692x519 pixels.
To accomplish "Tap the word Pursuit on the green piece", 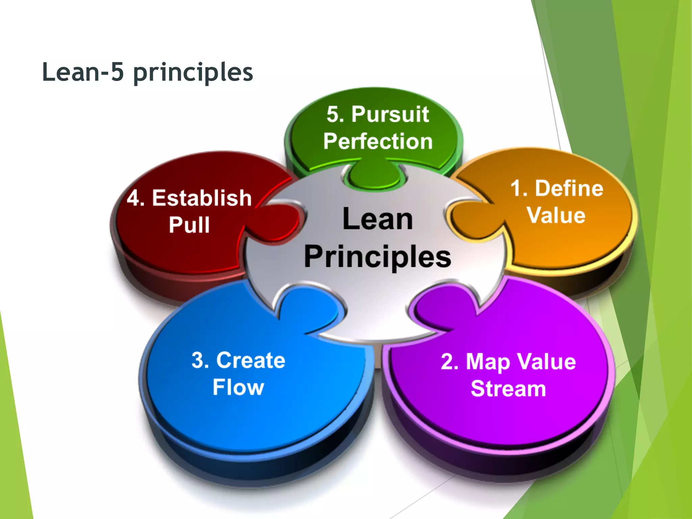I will (390, 114).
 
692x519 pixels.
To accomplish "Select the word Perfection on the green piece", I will (378, 141).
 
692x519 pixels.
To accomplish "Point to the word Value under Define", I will (556, 216).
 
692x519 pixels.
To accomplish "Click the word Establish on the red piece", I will (202, 198).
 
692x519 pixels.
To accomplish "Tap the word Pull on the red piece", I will (189, 225).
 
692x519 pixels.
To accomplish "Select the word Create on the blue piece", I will (251, 360).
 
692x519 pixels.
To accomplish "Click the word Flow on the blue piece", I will (238, 387).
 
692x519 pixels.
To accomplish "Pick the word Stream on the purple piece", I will (508, 389).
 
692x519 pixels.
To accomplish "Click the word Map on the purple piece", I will (488, 362).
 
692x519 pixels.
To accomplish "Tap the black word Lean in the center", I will (377, 219).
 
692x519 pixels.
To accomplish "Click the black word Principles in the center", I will (377, 257).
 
